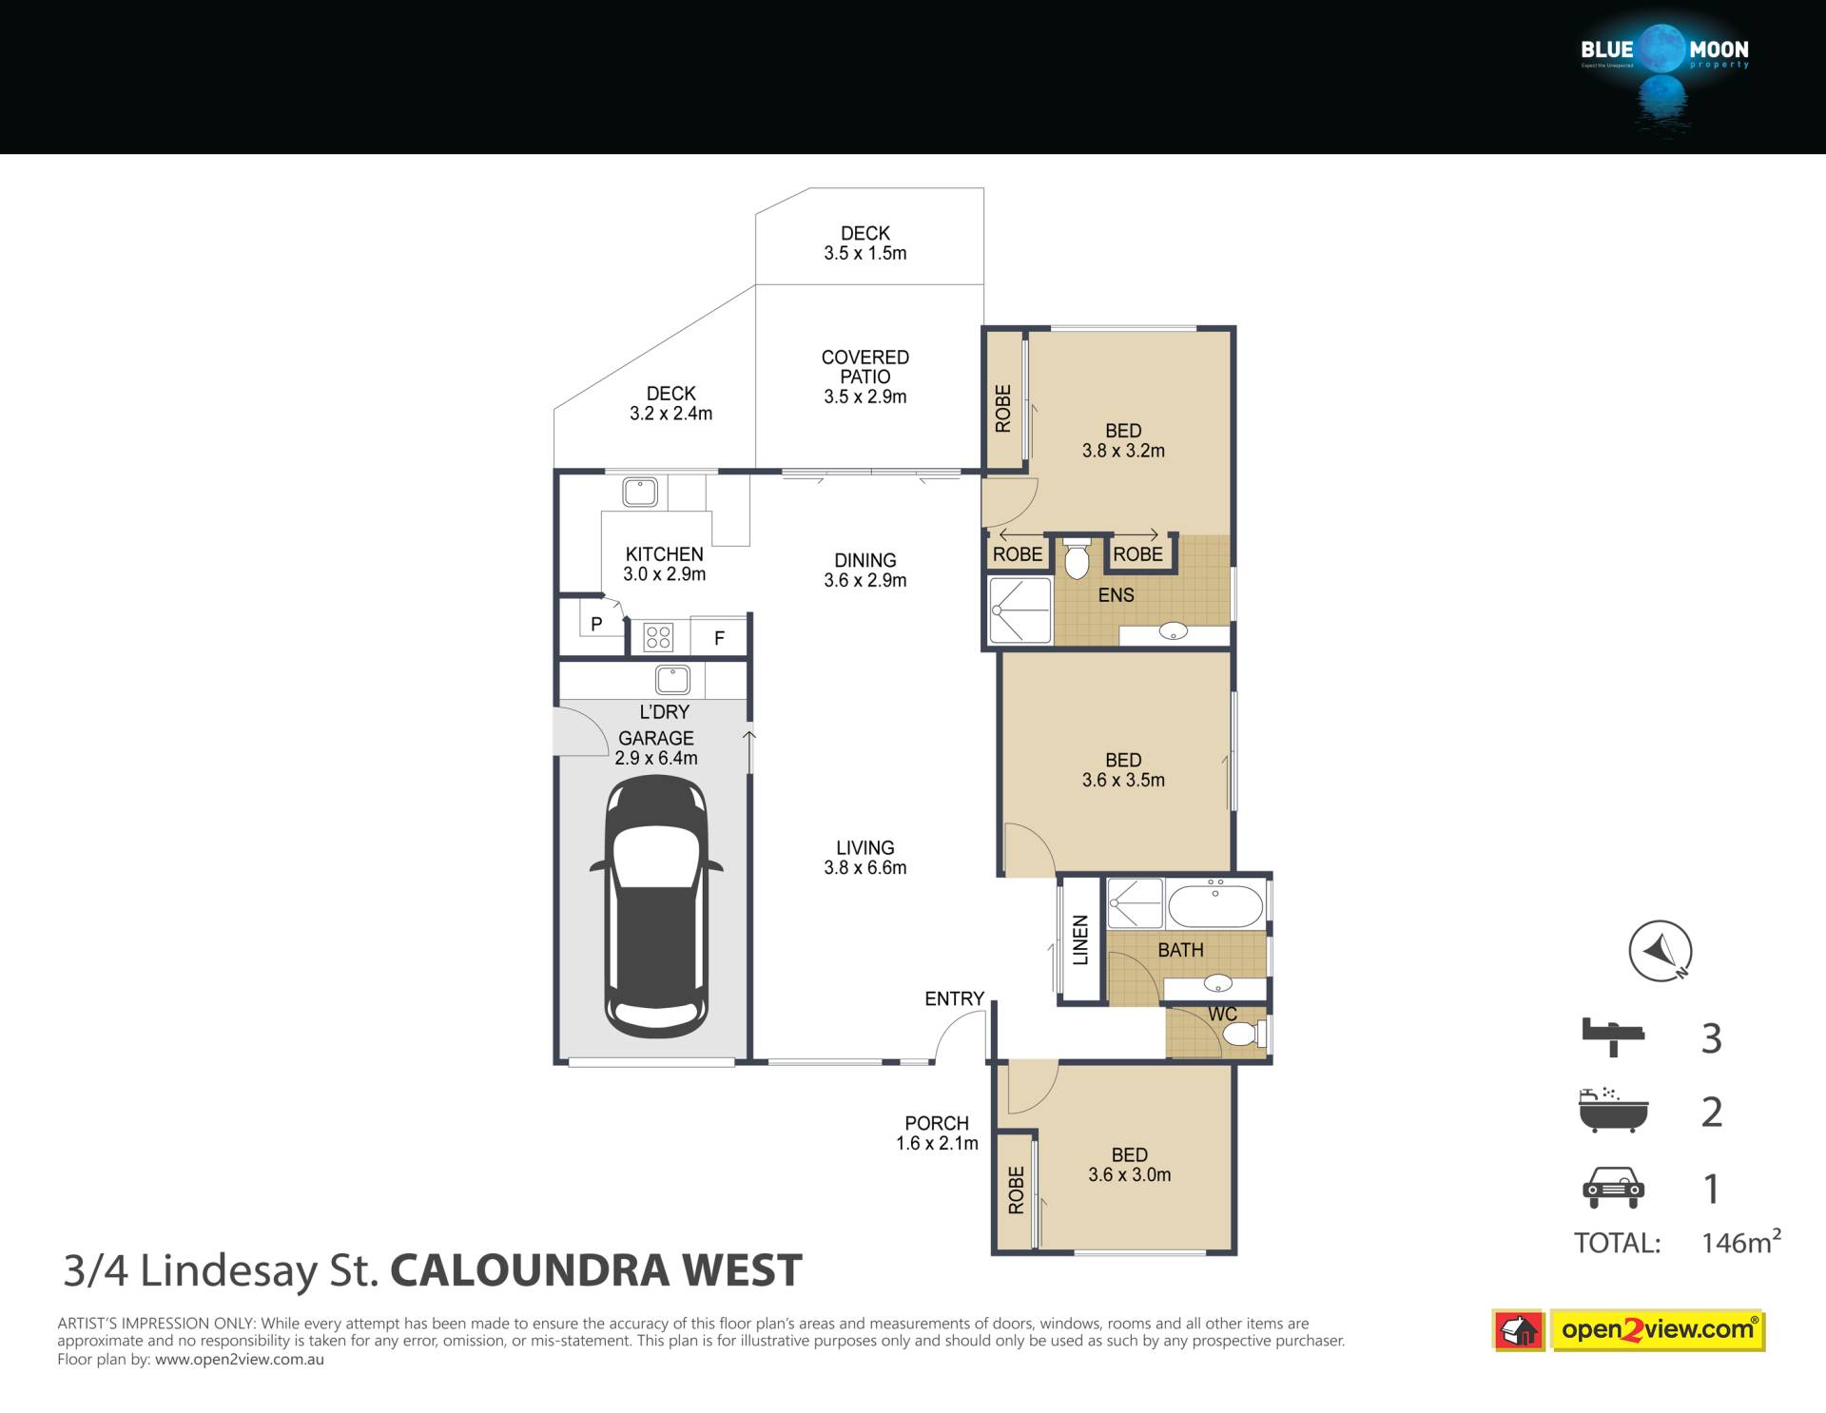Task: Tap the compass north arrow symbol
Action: click(1660, 950)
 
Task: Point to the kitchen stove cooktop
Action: click(658, 637)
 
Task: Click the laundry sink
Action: click(672, 680)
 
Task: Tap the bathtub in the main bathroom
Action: click(1215, 904)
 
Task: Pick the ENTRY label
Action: click(954, 998)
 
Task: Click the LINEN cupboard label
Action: click(1080, 940)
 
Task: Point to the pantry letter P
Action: click(596, 625)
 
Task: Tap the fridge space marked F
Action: click(719, 638)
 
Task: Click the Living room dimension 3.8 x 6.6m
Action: click(865, 867)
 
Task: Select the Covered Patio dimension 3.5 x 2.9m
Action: click(865, 397)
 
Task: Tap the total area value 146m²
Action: click(1740, 1241)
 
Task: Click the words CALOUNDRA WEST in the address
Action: click(596, 1270)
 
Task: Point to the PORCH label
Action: click(937, 1123)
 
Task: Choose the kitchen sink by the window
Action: click(639, 493)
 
